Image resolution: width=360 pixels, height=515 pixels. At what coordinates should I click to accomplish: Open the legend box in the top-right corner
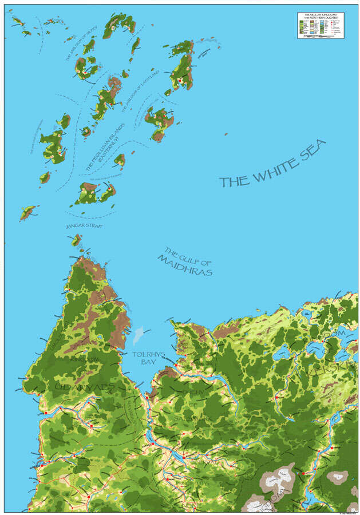(320, 25)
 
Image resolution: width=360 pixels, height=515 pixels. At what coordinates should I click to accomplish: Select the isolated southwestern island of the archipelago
(27, 213)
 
